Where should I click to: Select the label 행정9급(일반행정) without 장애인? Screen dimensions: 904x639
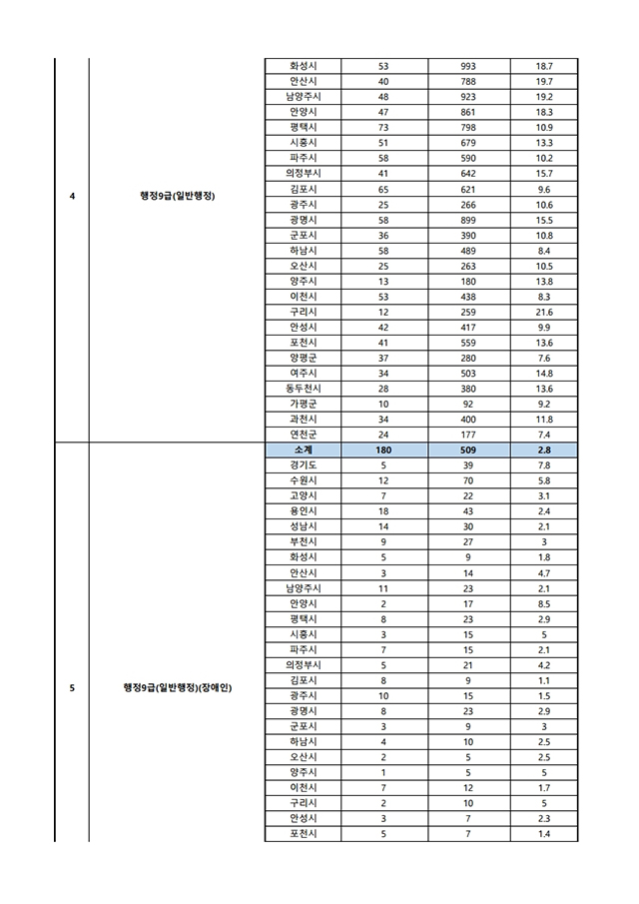178,196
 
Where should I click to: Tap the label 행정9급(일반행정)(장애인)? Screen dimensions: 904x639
178,687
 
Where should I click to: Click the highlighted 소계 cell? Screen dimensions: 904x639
303,451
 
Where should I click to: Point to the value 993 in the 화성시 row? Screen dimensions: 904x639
468,66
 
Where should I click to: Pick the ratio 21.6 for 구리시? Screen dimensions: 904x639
544,312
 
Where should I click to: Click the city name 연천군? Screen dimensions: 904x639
303,435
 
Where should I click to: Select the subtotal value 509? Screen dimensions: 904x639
468,451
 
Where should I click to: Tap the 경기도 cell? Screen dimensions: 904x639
303,466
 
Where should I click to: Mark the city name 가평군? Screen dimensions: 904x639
303,404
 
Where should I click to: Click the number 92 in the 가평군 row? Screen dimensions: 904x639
468,404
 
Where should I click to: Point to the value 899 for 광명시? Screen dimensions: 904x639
468,220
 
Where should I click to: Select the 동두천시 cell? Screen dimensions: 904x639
303,388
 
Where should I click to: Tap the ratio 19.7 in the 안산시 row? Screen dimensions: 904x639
544,82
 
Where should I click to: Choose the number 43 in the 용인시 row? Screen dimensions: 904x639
468,511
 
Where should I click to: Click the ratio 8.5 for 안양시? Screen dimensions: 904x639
544,603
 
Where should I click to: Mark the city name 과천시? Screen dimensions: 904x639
303,420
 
